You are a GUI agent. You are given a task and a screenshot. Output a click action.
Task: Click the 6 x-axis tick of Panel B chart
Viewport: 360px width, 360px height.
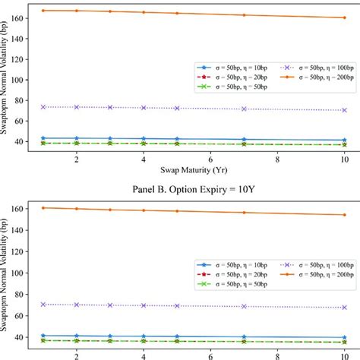[x=210, y=353]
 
